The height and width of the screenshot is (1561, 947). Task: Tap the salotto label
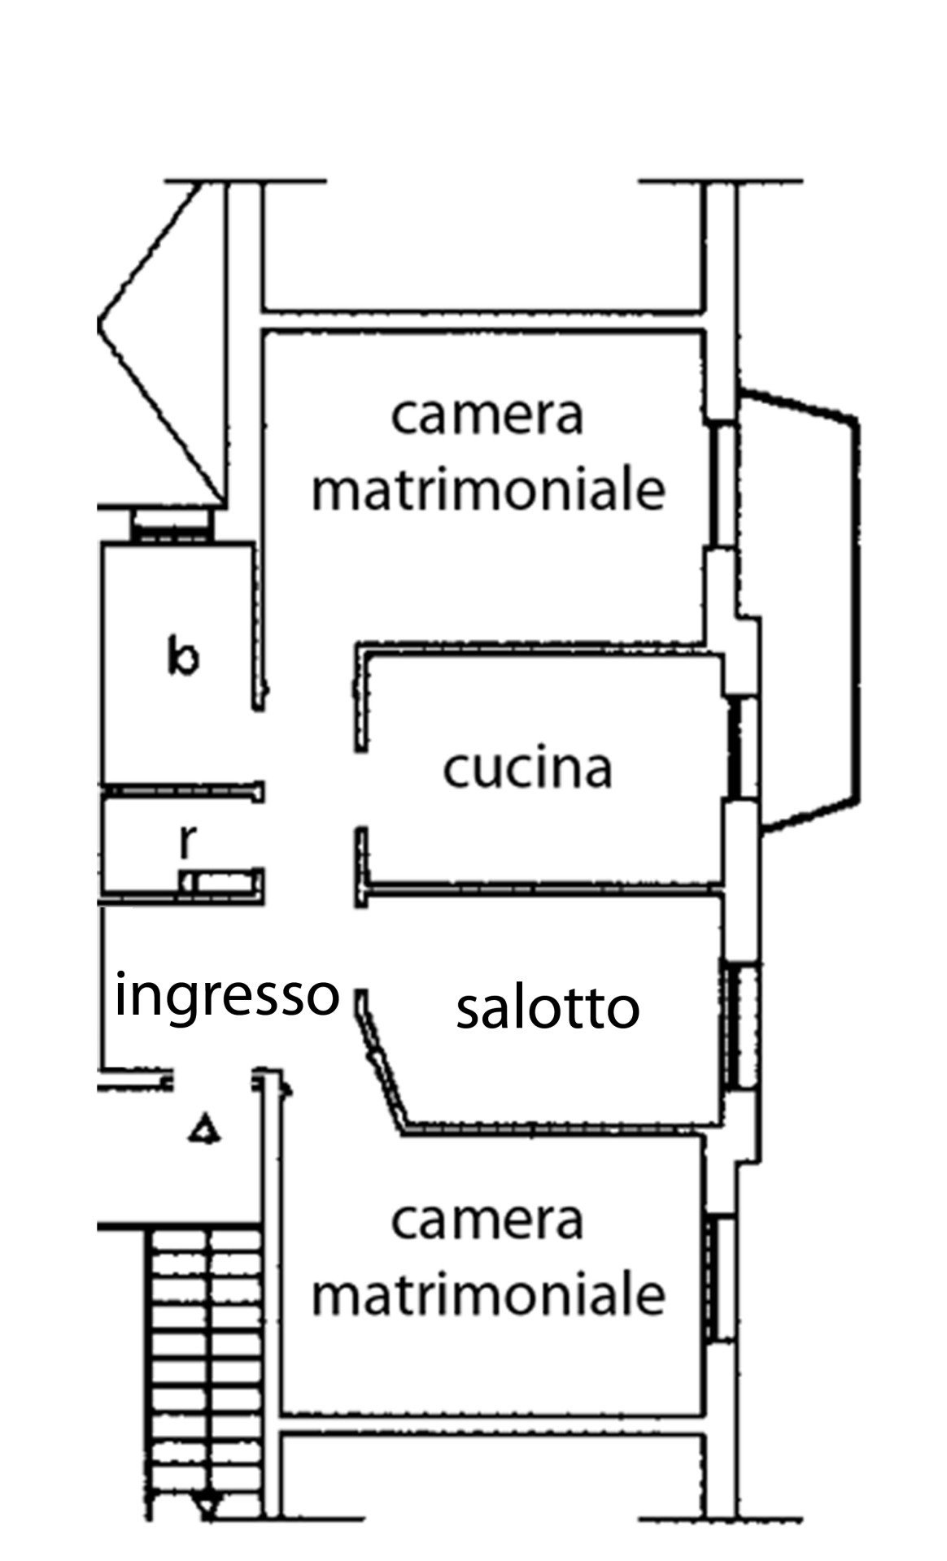(547, 1008)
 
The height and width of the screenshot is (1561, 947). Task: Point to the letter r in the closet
(186, 842)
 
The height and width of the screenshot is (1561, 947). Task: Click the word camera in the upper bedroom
(487, 415)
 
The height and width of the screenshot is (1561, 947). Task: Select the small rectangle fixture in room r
(221, 881)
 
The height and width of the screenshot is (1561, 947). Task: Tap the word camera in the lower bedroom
(487, 1220)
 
